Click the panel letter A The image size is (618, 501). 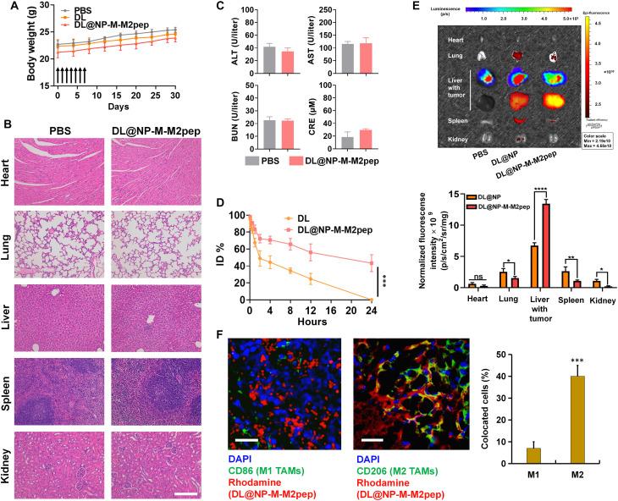[8, 7]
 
